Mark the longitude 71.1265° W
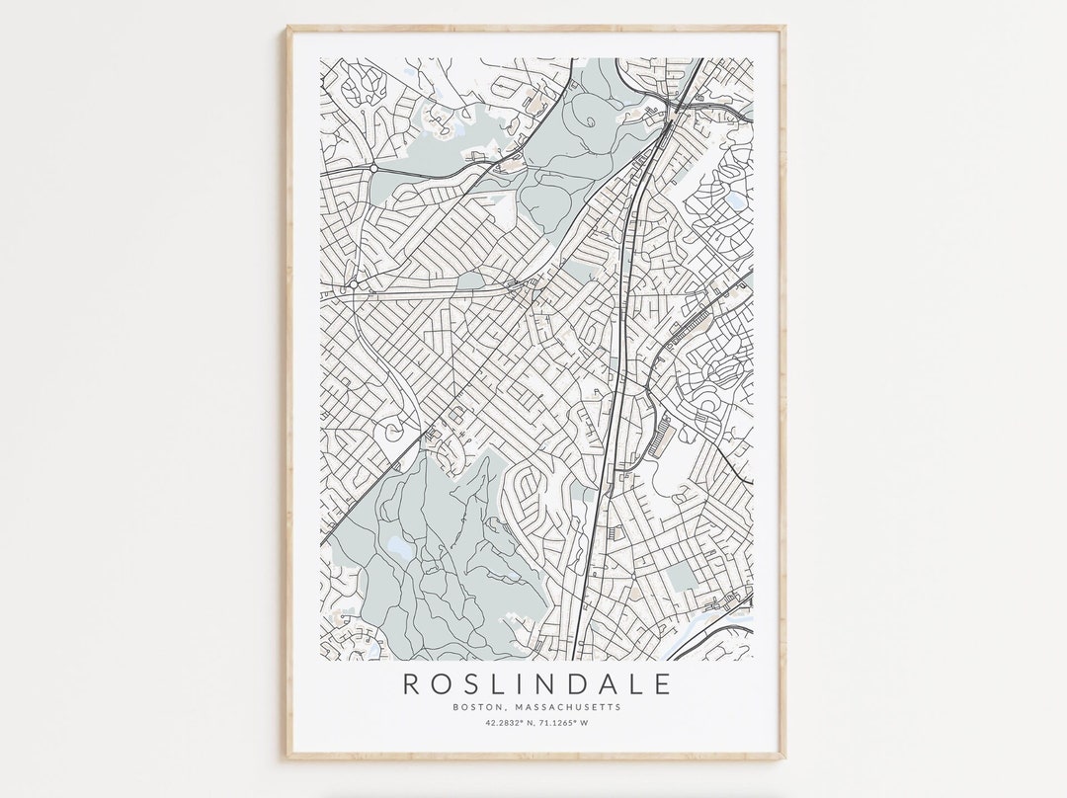pyautogui.click(x=563, y=723)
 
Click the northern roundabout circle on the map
pyautogui.click(x=374, y=169)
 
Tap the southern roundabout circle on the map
pyautogui.click(x=353, y=284)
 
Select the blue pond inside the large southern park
pyautogui.click(x=399, y=544)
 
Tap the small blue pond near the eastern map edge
pyautogui.click(x=735, y=200)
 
